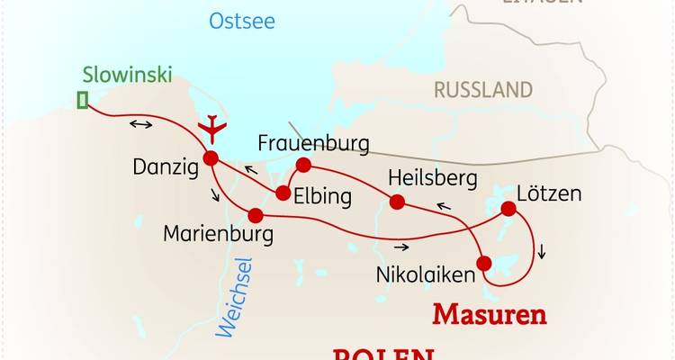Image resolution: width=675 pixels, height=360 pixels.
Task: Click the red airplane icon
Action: [x=212, y=128]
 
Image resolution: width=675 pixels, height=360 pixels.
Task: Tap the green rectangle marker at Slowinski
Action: [x=83, y=100]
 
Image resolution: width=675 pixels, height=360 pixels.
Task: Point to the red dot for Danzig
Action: [x=211, y=158]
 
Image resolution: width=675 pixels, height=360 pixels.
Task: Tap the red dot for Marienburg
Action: [x=256, y=215]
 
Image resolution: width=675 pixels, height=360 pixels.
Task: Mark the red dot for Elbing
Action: [x=283, y=193]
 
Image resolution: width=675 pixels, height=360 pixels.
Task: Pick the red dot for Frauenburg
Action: [x=303, y=164]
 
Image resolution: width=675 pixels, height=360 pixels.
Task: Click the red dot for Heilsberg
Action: [x=396, y=201]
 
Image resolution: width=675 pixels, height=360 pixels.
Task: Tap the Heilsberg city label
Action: [x=431, y=178]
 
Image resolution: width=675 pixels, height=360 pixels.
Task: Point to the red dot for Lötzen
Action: [x=508, y=210]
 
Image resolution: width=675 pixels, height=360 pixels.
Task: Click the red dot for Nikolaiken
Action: [x=484, y=264]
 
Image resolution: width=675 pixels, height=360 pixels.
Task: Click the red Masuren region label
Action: [x=490, y=314]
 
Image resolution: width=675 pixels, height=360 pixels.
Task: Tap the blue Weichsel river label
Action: [x=238, y=296]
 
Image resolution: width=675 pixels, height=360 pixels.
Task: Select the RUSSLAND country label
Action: [x=483, y=90]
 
